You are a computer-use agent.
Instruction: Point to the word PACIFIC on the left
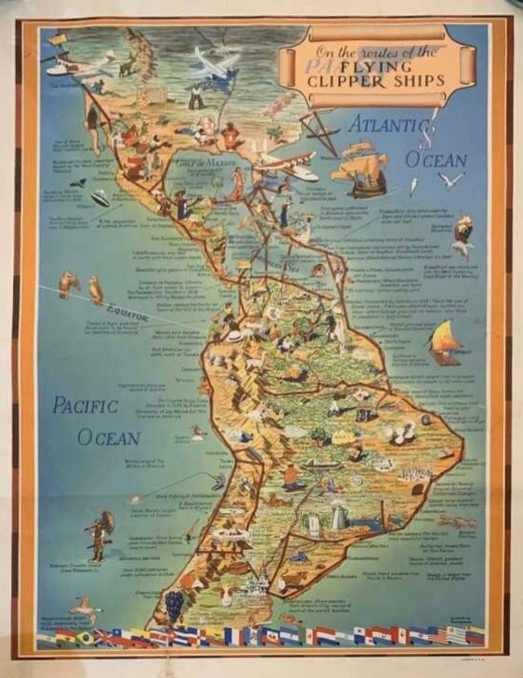(85, 406)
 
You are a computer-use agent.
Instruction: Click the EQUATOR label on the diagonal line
(127, 313)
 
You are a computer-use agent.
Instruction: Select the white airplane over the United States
(214, 64)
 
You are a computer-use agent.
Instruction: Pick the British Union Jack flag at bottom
(105, 638)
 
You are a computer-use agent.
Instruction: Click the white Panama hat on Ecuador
(235, 337)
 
